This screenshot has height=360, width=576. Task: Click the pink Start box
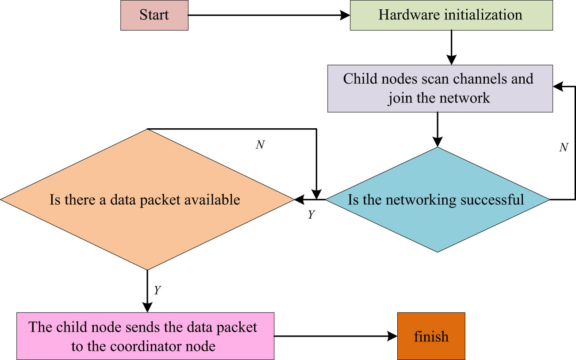pos(154,15)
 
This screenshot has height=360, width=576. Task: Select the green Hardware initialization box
pos(451,15)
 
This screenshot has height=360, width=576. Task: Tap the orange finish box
pos(431,336)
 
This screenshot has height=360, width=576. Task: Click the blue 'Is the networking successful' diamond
pos(437,200)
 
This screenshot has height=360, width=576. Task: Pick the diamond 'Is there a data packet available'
pos(146,200)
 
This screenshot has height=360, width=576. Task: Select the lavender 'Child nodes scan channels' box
pos(440,88)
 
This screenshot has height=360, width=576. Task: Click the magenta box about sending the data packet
pos(145,336)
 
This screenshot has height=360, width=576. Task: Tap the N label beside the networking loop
pos(563,148)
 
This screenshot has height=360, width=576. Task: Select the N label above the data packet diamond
pos(260,145)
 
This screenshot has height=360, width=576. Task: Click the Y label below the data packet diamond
pos(157,291)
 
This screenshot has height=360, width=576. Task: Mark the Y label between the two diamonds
pos(311,215)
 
